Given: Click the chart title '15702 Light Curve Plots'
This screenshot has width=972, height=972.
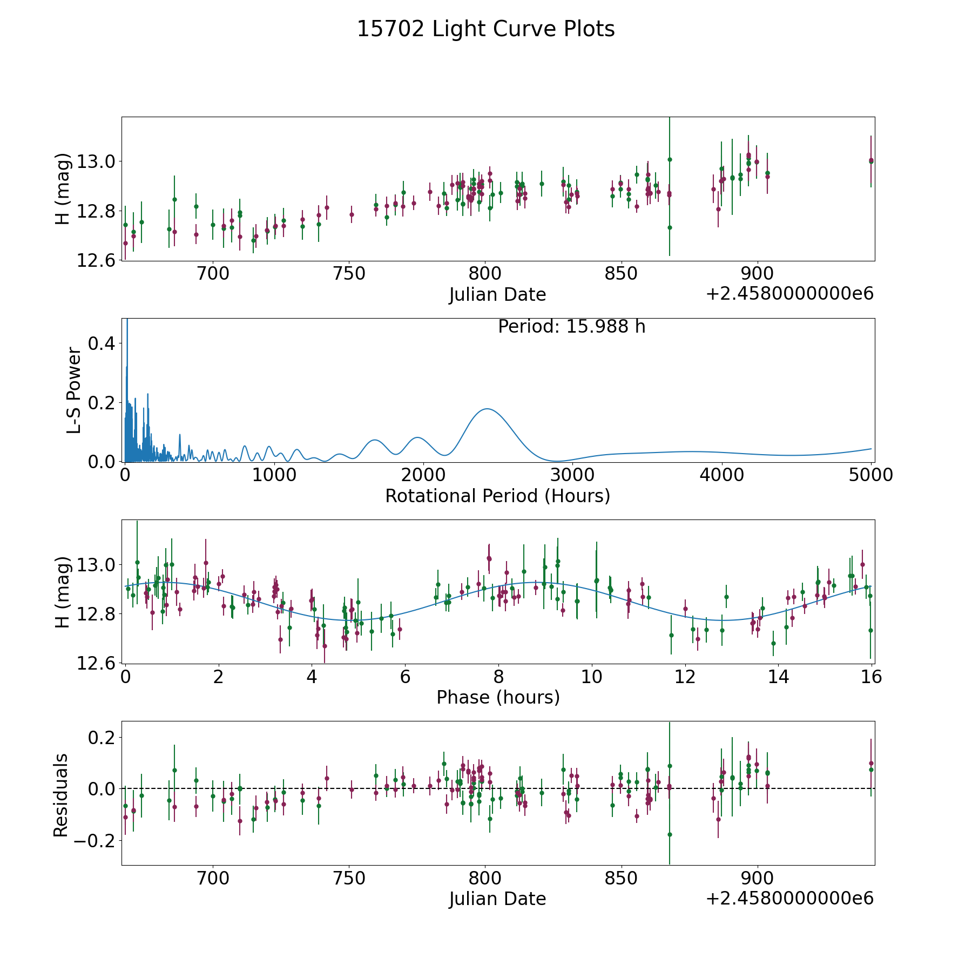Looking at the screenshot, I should [x=485, y=29].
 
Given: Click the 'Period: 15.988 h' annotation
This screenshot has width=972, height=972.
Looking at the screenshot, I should [x=571, y=327].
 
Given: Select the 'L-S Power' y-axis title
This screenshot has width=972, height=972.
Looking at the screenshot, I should [x=74, y=390].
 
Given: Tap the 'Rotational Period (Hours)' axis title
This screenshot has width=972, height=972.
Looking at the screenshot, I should [x=497, y=496].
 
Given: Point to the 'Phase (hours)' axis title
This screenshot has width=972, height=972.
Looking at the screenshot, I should [x=498, y=697].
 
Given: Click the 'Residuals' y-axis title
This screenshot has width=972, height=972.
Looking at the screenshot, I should [x=61, y=795].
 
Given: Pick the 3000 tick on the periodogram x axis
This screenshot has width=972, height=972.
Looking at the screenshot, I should [x=572, y=475].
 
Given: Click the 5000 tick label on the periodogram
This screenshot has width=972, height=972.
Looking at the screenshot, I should [x=870, y=475].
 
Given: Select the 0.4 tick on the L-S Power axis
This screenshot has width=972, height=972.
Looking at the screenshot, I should [x=103, y=343].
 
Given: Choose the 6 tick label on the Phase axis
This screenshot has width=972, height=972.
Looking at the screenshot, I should [x=405, y=677].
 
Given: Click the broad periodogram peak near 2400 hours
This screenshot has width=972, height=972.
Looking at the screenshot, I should [x=487, y=409].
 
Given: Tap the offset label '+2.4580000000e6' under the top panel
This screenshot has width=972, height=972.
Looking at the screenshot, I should [x=789, y=294].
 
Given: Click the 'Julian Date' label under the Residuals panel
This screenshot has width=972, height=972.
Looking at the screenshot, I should [x=497, y=899].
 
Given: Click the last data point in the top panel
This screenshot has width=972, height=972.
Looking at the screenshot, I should [x=871, y=161].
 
